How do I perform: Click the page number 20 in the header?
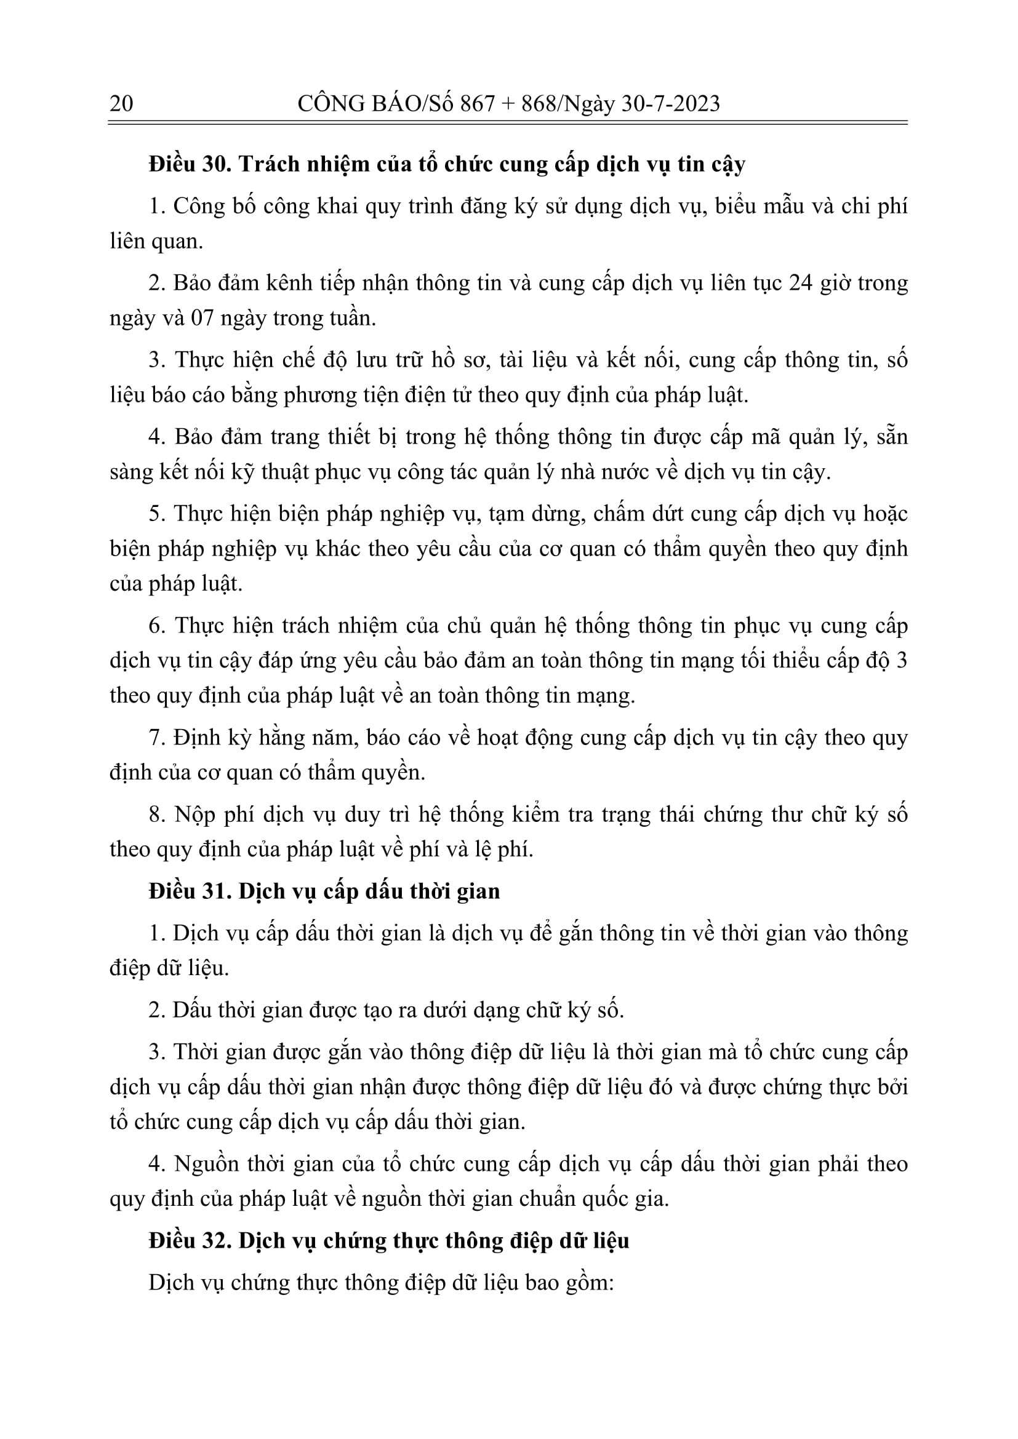[121, 103]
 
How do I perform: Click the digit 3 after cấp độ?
[902, 661]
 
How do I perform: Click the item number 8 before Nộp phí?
[156, 815]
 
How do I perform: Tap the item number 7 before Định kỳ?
[156, 738]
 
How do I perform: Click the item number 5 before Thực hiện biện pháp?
[156, 514]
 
